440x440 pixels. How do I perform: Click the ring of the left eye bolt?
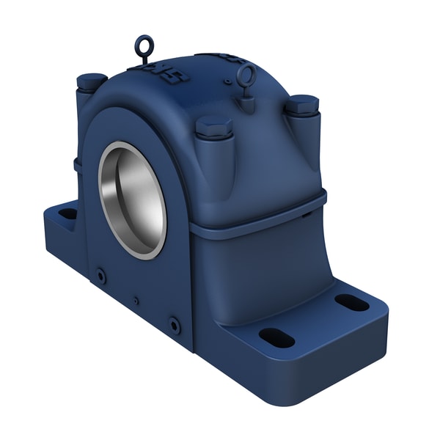coord(143,45)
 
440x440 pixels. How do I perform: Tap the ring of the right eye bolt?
coord(246,74)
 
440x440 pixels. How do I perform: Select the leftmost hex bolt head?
coord(92,81)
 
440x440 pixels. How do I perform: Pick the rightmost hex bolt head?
coord(301,105)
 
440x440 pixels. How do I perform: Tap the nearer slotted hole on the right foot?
coord(276,338)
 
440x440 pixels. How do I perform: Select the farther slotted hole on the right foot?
coord(351,302)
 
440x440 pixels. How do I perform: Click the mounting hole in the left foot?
coord(67,213)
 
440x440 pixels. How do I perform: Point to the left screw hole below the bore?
coord(100,276)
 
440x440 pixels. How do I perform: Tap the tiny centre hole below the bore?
coord(136,300)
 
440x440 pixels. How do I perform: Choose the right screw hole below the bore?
coord(174,324)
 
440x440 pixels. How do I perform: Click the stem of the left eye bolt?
coord(144,60)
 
